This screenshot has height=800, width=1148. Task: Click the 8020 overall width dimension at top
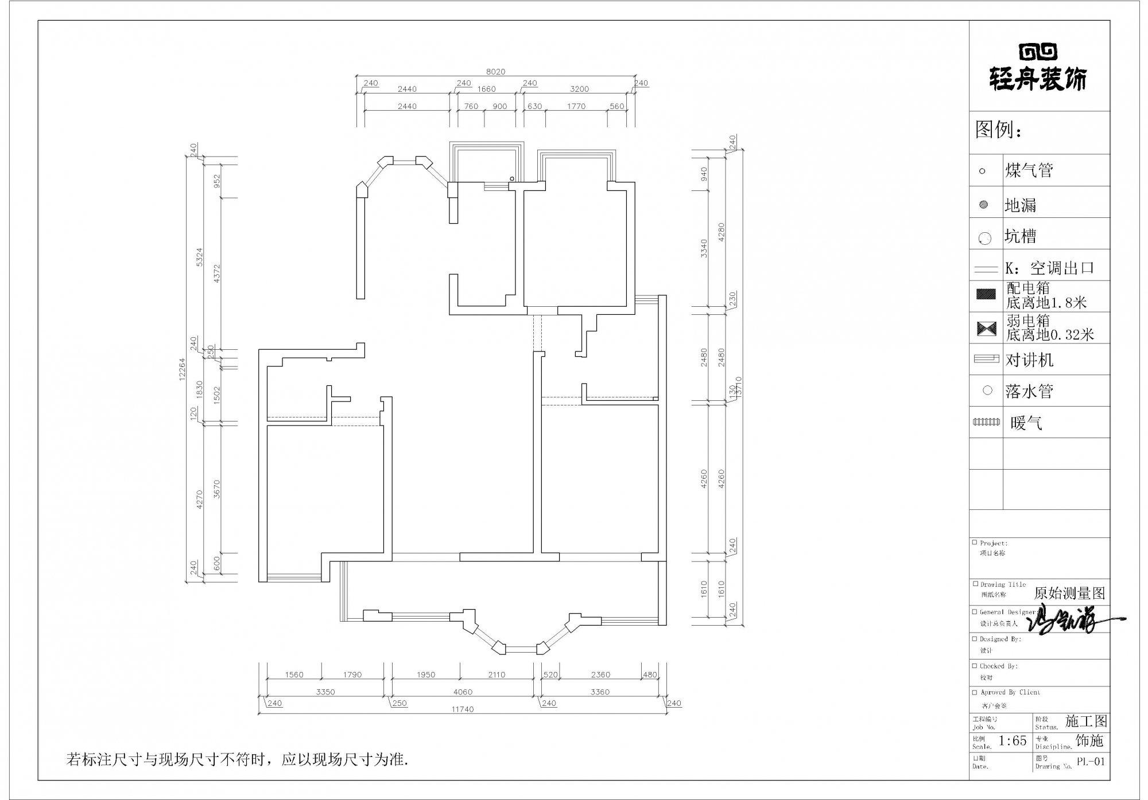[495, 72]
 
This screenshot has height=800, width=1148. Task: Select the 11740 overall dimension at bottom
[462, 709]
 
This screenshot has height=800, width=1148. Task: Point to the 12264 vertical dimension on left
[183, 369]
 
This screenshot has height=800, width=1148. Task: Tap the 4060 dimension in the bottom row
[463, 692]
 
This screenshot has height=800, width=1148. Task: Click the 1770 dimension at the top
[576, 106]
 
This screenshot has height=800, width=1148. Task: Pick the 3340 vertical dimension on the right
[704, 248]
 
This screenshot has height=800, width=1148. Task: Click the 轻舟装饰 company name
[1038, 79]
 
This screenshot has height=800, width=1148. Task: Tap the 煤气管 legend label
[1029, 170]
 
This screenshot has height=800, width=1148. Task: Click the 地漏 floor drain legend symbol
[983, 205]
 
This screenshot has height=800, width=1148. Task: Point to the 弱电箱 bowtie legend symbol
[986, 329]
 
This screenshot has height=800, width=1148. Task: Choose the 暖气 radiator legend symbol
[986, 422]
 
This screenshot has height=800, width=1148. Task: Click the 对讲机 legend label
[1029, 360]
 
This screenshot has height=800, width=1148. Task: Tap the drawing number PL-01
[1090, 762]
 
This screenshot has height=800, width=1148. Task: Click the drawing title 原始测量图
[1069, 593]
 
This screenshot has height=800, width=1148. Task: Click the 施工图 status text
[1086, 721]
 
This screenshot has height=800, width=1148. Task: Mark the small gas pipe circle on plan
[512, 179]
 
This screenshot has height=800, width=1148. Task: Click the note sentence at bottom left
[237, 760]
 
